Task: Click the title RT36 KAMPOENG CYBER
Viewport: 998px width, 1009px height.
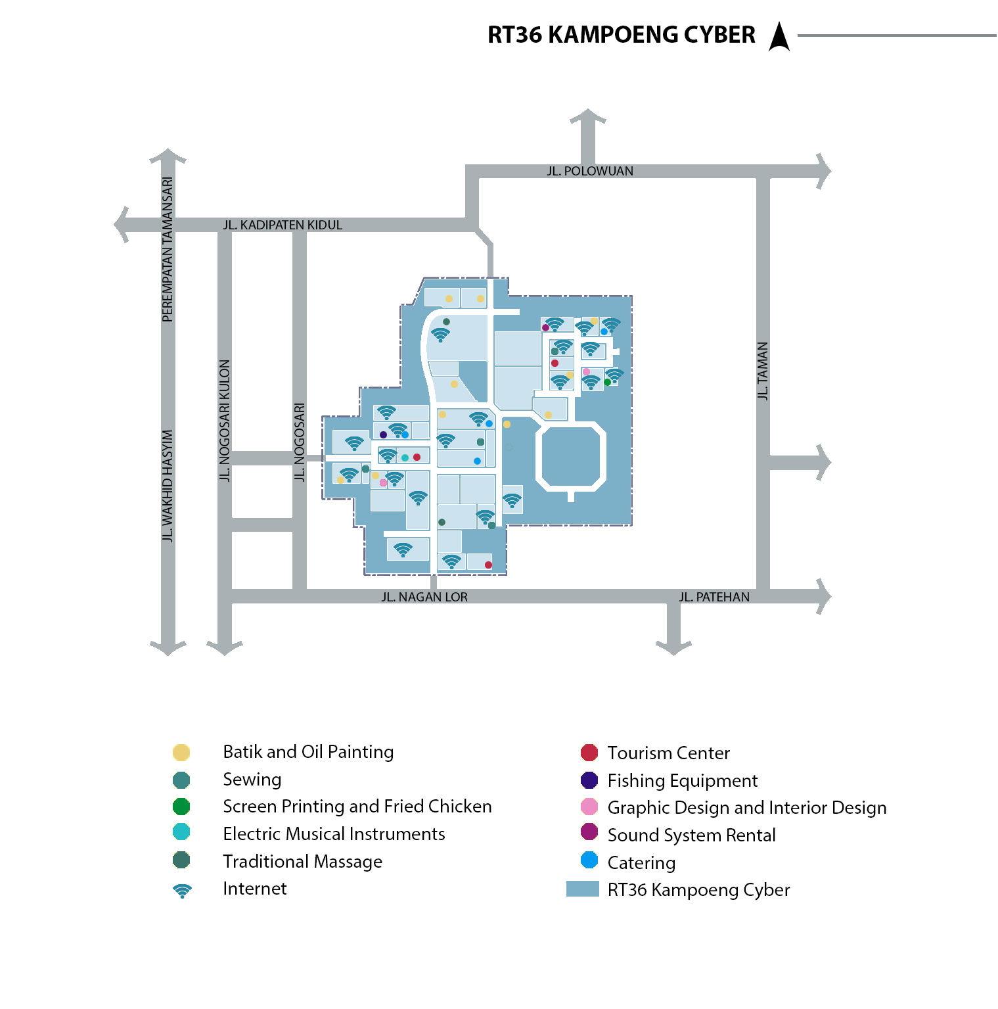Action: click(x=621, y=35)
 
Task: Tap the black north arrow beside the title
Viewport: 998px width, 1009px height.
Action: click(x=779, y=37)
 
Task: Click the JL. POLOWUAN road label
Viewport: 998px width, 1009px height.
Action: click(x=590, y=172)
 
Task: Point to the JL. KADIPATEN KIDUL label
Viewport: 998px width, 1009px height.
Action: click(x=283, y=225)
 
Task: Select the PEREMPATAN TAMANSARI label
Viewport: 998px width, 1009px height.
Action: click(x=168, y=250)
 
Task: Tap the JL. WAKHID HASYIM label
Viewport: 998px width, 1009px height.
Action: click(x=168, y=486)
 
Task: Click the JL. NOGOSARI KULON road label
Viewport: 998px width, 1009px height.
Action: click(x=225, y=421)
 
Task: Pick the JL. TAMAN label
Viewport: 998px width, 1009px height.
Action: click(x=763, y=371)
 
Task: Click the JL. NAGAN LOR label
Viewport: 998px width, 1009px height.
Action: click(x=424, y=598)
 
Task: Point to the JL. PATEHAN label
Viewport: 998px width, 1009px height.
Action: click(x=714, y=598)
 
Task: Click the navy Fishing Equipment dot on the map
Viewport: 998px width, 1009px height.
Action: click(x=383, y=434)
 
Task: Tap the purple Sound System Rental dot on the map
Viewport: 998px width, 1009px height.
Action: click(x=545, y=327)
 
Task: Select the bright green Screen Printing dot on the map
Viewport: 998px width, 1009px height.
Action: click(x=607, y=382)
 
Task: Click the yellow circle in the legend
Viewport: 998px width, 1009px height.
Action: click(x=181, y=753)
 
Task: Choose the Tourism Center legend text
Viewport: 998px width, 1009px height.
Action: click(x=668, y=753)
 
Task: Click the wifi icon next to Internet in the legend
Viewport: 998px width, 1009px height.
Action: click(x=182, y=891)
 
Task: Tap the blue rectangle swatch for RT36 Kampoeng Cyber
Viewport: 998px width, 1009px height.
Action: click(x=582, y=889)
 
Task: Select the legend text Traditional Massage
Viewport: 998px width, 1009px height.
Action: click(x=302, y=862)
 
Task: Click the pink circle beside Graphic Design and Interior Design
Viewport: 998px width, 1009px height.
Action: click(x=589, y=807)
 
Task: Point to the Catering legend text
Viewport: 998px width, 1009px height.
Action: click(x=641, y=863)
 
